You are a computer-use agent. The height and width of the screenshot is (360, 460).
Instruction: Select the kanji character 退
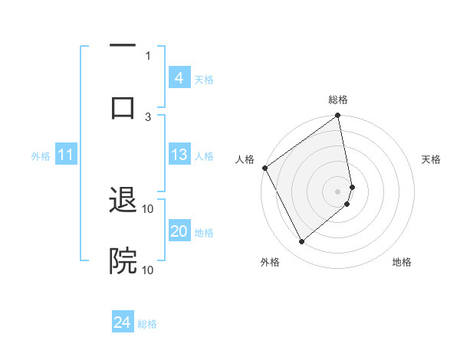pos(123,201)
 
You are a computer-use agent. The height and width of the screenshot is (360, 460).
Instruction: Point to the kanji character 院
pos(123,261)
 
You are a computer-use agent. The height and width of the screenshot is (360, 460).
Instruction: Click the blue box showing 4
pos(179,78)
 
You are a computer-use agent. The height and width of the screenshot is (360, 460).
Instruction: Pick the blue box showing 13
pos(179,155)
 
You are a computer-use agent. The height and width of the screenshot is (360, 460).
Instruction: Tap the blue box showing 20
pos(179,231)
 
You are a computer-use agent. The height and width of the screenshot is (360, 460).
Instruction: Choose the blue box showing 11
pos(65,155)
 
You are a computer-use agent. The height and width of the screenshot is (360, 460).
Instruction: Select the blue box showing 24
pos(122,323)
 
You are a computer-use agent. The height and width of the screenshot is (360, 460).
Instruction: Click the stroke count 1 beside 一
pos(148,55)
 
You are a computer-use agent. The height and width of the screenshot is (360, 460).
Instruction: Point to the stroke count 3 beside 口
pos(148,116)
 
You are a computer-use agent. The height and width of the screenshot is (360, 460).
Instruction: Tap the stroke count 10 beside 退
pos(148,208)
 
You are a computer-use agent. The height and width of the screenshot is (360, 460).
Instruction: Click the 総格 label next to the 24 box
pos(147,324)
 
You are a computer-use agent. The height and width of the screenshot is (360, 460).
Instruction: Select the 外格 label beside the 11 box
pos(41,155)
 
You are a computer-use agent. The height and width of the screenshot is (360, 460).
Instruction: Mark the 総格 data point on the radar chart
pos(337,116)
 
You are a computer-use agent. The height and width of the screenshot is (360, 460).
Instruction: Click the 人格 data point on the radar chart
pos(264,168)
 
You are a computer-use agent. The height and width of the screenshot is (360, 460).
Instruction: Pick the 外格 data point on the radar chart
pos(302,242)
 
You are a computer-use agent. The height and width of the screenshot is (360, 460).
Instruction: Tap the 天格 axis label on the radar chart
pos(431,159)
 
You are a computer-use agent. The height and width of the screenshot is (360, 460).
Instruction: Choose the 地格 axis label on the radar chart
pos(402,262)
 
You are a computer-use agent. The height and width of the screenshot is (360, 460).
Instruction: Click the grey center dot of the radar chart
pos(337,191)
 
